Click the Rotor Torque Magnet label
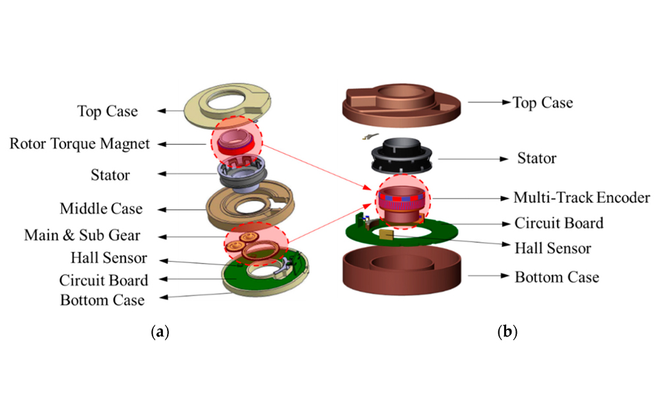point(80,143)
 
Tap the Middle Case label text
point(101,209)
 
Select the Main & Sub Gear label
point(82,235)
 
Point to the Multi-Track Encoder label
point(581,197)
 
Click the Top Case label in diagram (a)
point(108,111)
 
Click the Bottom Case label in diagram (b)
point(557,277)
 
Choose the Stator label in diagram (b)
point(537,158)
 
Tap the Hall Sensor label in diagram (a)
point(109,257)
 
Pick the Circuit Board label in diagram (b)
point(559,223)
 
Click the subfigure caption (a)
point(160,332)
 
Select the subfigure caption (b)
point(507,332)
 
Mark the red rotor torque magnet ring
point(236,147)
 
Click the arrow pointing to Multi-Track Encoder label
point(471,198)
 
